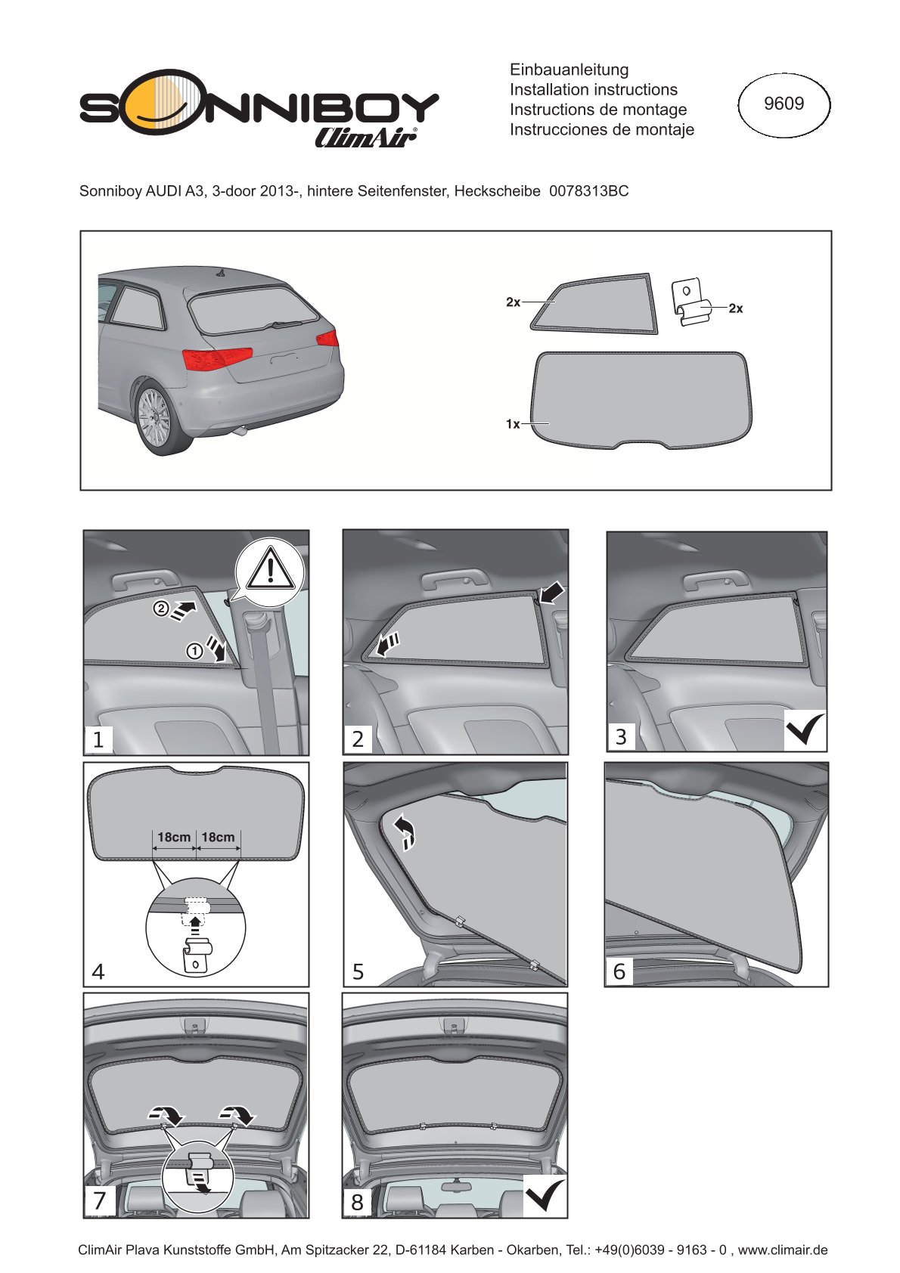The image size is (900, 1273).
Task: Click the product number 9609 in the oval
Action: [x=784, y=104]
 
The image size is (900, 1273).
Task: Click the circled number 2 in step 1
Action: [x=161, y=609]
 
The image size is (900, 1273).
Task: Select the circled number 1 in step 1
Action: [x=194, y=651]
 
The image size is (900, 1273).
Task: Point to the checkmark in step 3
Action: [x=804, y=729]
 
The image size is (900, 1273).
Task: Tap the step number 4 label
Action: [x=98, y=971]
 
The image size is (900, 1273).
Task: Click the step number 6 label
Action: [x=619, y=971]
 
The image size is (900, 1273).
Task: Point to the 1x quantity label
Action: [x=513, y=424]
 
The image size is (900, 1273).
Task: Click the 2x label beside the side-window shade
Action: [x=513, y=302]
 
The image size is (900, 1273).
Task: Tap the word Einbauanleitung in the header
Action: [x=569, y=70]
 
